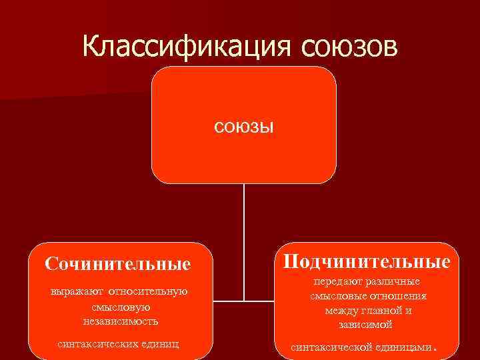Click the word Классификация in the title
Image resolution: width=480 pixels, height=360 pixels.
tap(188, 46)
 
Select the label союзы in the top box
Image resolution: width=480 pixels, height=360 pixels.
tap(244, 127)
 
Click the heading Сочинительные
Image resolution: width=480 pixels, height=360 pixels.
tap(118, 264)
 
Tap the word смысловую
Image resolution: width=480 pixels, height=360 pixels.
tap(121, 307)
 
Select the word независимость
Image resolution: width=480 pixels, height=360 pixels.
tap(121, 321)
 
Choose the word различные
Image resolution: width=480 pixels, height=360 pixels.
tap(395, 282)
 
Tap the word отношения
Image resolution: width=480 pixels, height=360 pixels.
tap(397, 296)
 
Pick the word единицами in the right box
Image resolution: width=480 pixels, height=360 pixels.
tap(407, 347)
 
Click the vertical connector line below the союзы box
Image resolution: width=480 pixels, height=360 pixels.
tap(244, 240)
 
